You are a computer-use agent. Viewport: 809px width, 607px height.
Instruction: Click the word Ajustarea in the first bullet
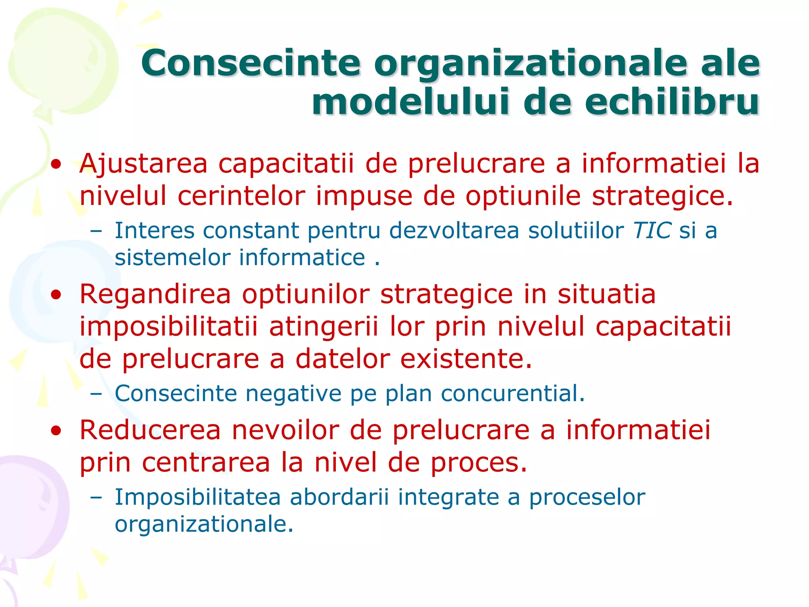click(143, 164)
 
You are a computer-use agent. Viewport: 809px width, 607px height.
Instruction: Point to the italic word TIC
click(652, 230)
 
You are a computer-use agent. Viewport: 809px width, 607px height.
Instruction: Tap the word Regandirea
click(155, 294)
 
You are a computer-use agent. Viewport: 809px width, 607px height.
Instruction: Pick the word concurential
click(512, 394)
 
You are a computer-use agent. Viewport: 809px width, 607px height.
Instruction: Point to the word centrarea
click(206, 463)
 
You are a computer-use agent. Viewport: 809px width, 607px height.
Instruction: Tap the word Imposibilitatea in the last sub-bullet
click(198, 497)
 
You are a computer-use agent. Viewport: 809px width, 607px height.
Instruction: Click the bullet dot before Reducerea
click(56, 431)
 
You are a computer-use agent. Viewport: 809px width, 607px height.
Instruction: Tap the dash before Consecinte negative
click(96, 394)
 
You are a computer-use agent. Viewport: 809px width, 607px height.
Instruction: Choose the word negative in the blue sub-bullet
click(293, 394)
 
